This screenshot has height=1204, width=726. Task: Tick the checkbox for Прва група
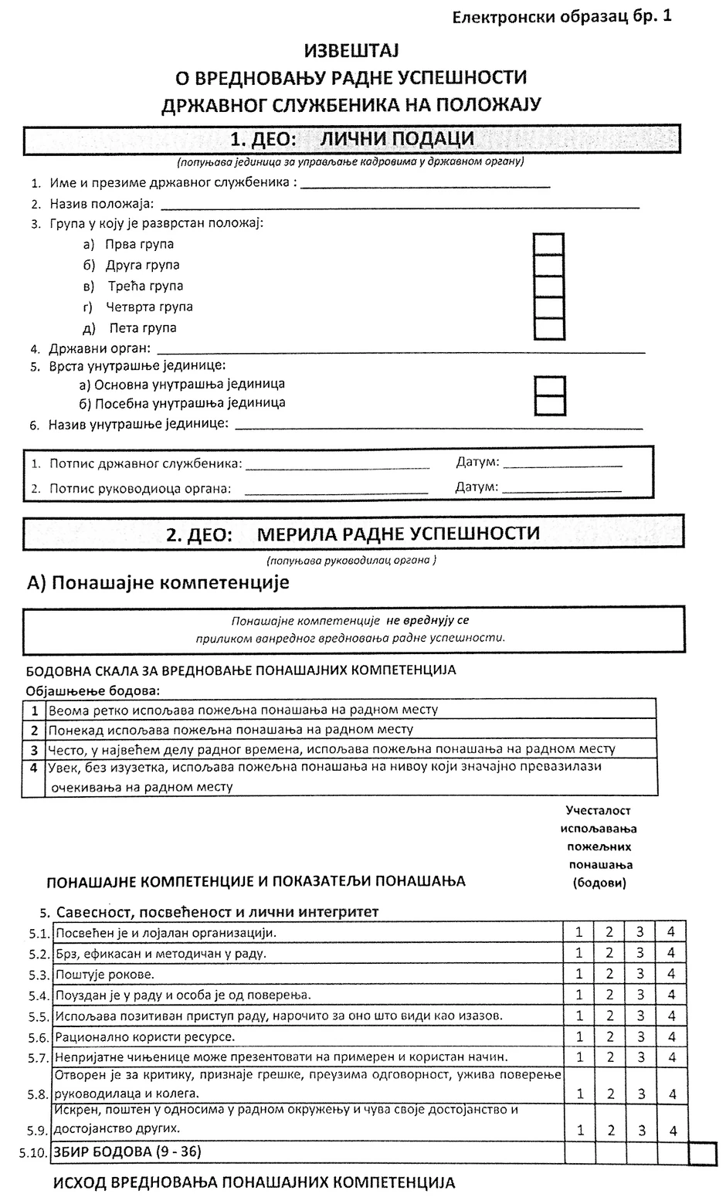click(548, 245)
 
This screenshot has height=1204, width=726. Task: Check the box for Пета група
click(548, 328)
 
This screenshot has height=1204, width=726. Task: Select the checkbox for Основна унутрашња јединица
click(549, 385)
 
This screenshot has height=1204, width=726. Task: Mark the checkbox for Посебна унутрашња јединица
click(549, 404)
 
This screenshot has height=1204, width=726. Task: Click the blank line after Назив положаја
click(399, 205)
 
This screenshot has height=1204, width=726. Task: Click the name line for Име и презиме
click(426, 185)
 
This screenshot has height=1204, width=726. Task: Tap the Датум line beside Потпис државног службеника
click(562, 464)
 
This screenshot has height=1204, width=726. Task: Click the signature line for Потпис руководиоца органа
click(336, 490)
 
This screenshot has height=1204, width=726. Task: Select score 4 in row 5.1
click(671, 932)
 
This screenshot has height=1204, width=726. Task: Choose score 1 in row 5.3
click(579, 974)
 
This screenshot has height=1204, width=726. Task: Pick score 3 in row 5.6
click(640, 1036)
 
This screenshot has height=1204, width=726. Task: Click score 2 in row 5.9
click(610, 1130)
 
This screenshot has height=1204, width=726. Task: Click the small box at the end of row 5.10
click(702, 1153)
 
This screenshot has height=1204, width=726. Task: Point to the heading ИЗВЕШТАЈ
click(350, 52)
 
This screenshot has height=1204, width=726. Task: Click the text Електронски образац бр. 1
click(561, 15)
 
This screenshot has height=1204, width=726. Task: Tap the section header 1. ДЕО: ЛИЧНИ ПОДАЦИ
click(351, 140)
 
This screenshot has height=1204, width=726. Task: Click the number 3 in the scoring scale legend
click(34, 749)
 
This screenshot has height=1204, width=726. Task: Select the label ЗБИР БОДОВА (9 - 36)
click(127, 1152)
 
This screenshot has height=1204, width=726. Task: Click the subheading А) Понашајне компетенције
click(159, 582)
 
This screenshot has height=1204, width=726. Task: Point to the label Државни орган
click(99, 349)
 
